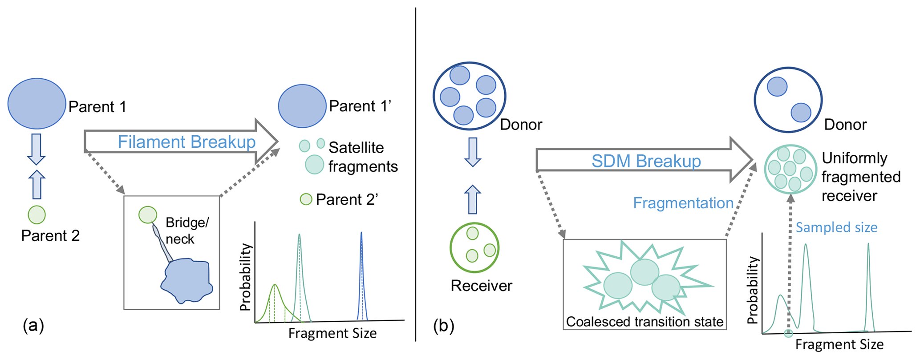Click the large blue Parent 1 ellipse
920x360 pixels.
pos(36,104)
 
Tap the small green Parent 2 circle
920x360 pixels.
pos(36,215)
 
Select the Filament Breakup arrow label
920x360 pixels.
pos(186,142)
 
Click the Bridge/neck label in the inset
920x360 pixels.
pos(187,231)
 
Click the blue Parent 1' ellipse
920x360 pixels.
pos(302,106)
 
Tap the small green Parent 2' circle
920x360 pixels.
pos(306,199)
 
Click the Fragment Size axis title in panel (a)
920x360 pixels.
pos(332,333)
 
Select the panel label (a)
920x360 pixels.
pos(33,326)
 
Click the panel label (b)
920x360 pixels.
pos(444,326)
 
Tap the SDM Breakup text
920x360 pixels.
pos(646,161)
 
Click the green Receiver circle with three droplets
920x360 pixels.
pos(474,247)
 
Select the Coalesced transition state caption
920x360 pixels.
pos(644,322)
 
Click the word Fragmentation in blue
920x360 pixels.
pos(683,203)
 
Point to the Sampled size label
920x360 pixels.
pos(836,227)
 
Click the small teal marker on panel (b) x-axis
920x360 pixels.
pos(789,333)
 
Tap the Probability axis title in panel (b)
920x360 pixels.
pos(752,290)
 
